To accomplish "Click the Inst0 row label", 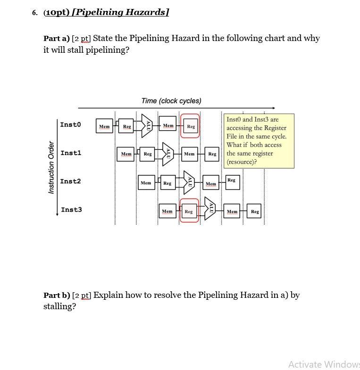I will tap(70, 124).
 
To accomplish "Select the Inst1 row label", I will tap(71, 153).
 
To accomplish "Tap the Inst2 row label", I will tap(70, 181).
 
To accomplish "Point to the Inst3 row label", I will tap(71, 209).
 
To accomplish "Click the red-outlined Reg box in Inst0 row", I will tap(190, 126).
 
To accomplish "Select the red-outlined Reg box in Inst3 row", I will tap(189, 211).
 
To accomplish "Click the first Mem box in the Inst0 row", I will tap(104, 126).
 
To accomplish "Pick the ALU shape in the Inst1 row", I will tap(168, 154).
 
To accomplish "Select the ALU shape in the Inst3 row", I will tap(210, 210).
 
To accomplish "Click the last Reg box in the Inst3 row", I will tap(255, 212).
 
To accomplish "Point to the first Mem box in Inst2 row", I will tap(146, 182).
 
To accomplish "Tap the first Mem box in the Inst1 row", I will tap(126, 154).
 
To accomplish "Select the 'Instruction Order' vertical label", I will tap(51, 167).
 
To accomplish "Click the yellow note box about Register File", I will tap(259, 140).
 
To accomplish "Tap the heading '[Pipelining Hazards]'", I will tap(122, 12).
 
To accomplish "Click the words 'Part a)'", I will tap(56, 38).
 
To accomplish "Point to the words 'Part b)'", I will tap(57, 295).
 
